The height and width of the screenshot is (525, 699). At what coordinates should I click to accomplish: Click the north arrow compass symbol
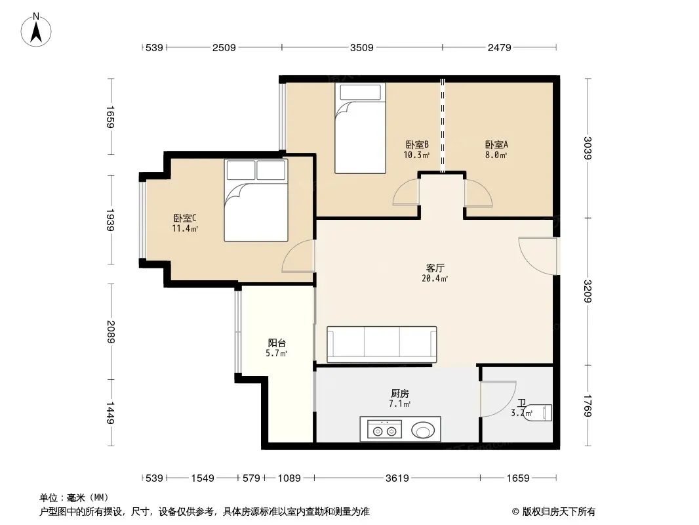click(x=36, y=30)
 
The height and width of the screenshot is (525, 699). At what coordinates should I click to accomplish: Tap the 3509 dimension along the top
click(x=361, y=47)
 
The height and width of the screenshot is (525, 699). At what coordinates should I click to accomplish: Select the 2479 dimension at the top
click(x=499, y=47)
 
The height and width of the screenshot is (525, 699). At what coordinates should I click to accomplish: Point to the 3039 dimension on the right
click(x=588, y=148)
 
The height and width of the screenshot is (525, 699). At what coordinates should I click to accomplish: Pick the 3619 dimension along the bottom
click(x=397, y=478)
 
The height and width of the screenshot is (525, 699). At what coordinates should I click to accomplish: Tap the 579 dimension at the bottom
click(x=251, y=478)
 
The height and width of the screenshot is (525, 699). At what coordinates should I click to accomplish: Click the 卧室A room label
click(x=496, y=144)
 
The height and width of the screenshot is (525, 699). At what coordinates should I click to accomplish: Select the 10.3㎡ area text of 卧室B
click(x=416, y=156)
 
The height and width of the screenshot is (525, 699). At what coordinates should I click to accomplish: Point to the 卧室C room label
click(x=184, y=218)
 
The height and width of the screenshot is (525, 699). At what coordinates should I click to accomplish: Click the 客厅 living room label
click(x=435, y=268)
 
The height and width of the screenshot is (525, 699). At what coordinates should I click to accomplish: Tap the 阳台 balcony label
click(x=277, y=343)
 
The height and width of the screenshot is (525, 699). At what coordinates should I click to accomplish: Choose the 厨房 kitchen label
click(x=400, y=393)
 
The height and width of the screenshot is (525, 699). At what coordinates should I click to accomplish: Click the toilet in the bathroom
click(x=538, y=412)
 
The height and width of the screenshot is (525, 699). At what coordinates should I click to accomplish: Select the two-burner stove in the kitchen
click(x=385, y=429)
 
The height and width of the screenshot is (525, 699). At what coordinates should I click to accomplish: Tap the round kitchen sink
click(x=422, y=430)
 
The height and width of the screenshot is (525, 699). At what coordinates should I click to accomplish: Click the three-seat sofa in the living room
click(x=382, y=345)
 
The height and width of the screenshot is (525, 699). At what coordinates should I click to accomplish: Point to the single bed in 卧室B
click(x=360, y=128)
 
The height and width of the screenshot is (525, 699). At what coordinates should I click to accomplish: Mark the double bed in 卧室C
click(x=256, y=200)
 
